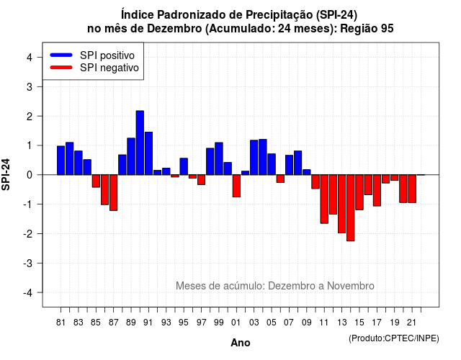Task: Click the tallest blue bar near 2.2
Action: pos(140,143)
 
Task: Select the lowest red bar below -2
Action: pos(351,208)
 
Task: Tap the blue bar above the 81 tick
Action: pos(61,161)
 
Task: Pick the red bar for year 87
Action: pos(114,193)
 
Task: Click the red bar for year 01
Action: pos(236,186)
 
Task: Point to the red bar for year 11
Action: pos(324,199)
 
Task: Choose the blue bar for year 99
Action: pos(219,158)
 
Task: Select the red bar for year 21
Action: pos(412,189)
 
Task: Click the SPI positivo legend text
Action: pos(107,55)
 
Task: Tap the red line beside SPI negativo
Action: pos(61,68)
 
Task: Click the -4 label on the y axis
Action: pos(28,293)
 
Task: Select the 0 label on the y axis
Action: pos(30,175)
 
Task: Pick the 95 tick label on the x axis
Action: pos(184,323)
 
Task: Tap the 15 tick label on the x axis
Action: pos(359,323)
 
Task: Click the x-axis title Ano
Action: pos(241,343)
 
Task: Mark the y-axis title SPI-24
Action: pos(6,174)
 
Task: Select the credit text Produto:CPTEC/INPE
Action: pos(394,338)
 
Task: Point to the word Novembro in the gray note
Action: pos(351,286)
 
